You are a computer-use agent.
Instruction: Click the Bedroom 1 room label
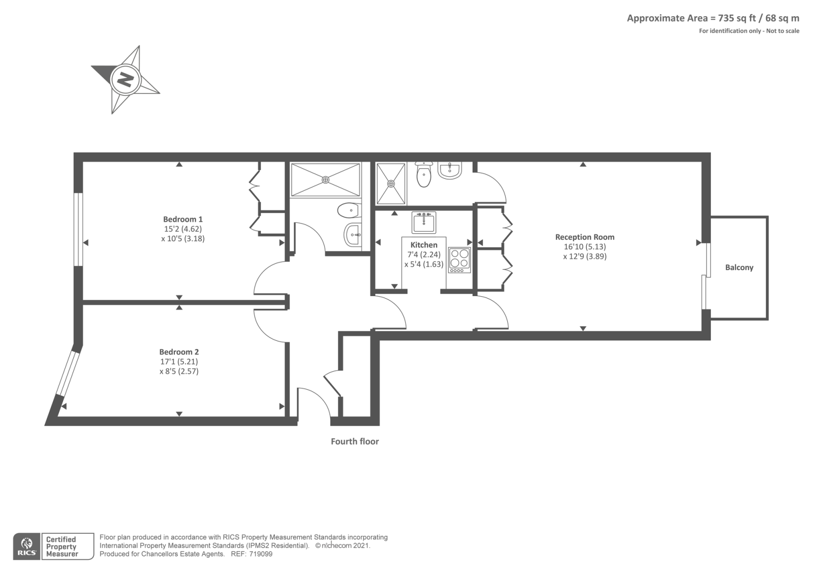[x=183, y=219]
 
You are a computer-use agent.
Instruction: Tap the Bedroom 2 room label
[x=179, y=352]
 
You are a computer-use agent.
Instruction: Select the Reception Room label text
[x=584, y=237]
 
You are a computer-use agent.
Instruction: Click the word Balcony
[x=739, y=268]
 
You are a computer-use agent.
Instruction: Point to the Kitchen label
[x=424, y=245]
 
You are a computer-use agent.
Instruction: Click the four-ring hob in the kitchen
[x=459, y=259]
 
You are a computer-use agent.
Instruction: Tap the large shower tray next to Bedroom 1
[x=325, y=179]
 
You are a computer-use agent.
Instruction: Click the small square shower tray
[x=391, y=183]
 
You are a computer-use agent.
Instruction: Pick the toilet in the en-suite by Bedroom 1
[x=349, y=209]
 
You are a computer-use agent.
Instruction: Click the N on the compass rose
[x=125, y=80]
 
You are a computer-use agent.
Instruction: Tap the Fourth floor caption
[x=355, y=441]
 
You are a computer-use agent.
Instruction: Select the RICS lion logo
[x=26, y=546]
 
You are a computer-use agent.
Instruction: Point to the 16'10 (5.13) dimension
[x=584, y=247]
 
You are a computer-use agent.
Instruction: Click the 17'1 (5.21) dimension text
[x=179, y=362]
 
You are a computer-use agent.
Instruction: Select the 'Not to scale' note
[x=781, y=31]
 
